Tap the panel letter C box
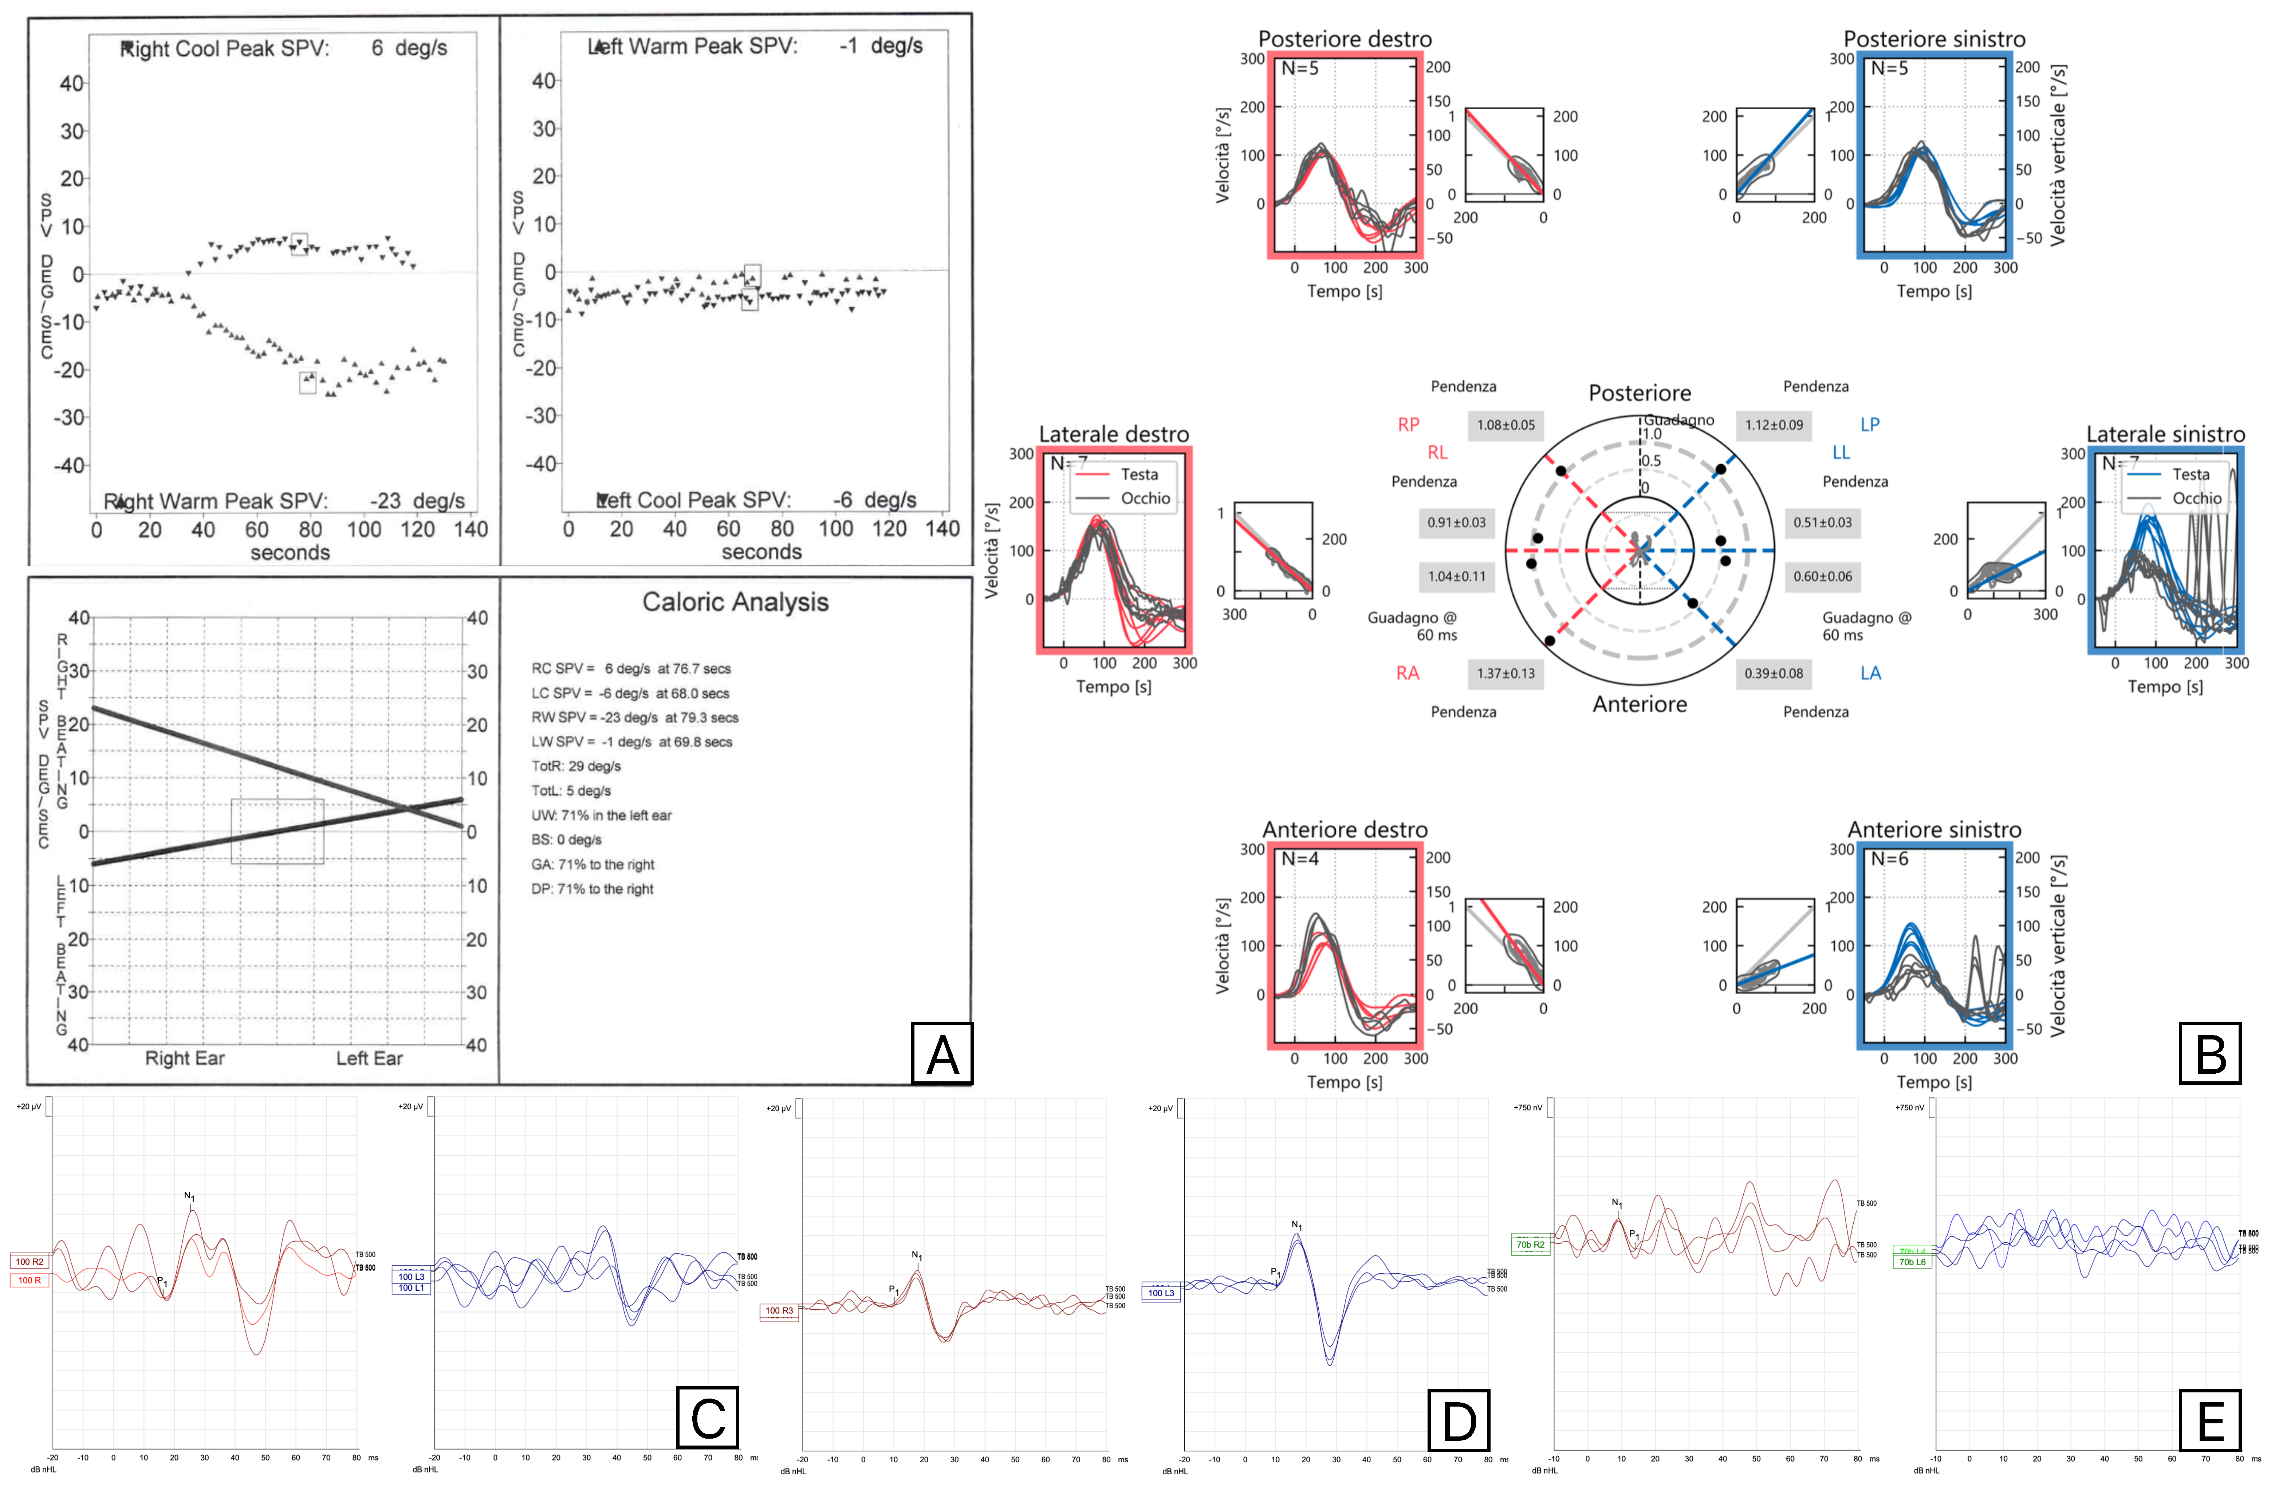click(707, 1419)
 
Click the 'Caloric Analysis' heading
click(735, 602)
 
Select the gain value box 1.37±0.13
click(1506, 673)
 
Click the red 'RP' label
click(1408, 425)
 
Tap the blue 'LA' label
click(1870, 673)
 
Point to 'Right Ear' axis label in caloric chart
click(185, 1058)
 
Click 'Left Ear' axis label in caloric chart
click(369, 1058)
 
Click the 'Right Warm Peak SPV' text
click(217, 501)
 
